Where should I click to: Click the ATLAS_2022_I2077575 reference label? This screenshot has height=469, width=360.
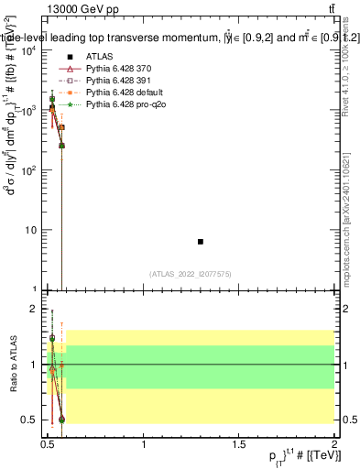[x=191, y=273]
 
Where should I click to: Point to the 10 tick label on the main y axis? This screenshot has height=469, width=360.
[x=31, y=230]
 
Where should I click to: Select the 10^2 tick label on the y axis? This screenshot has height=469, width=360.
[x=29, y=170]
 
